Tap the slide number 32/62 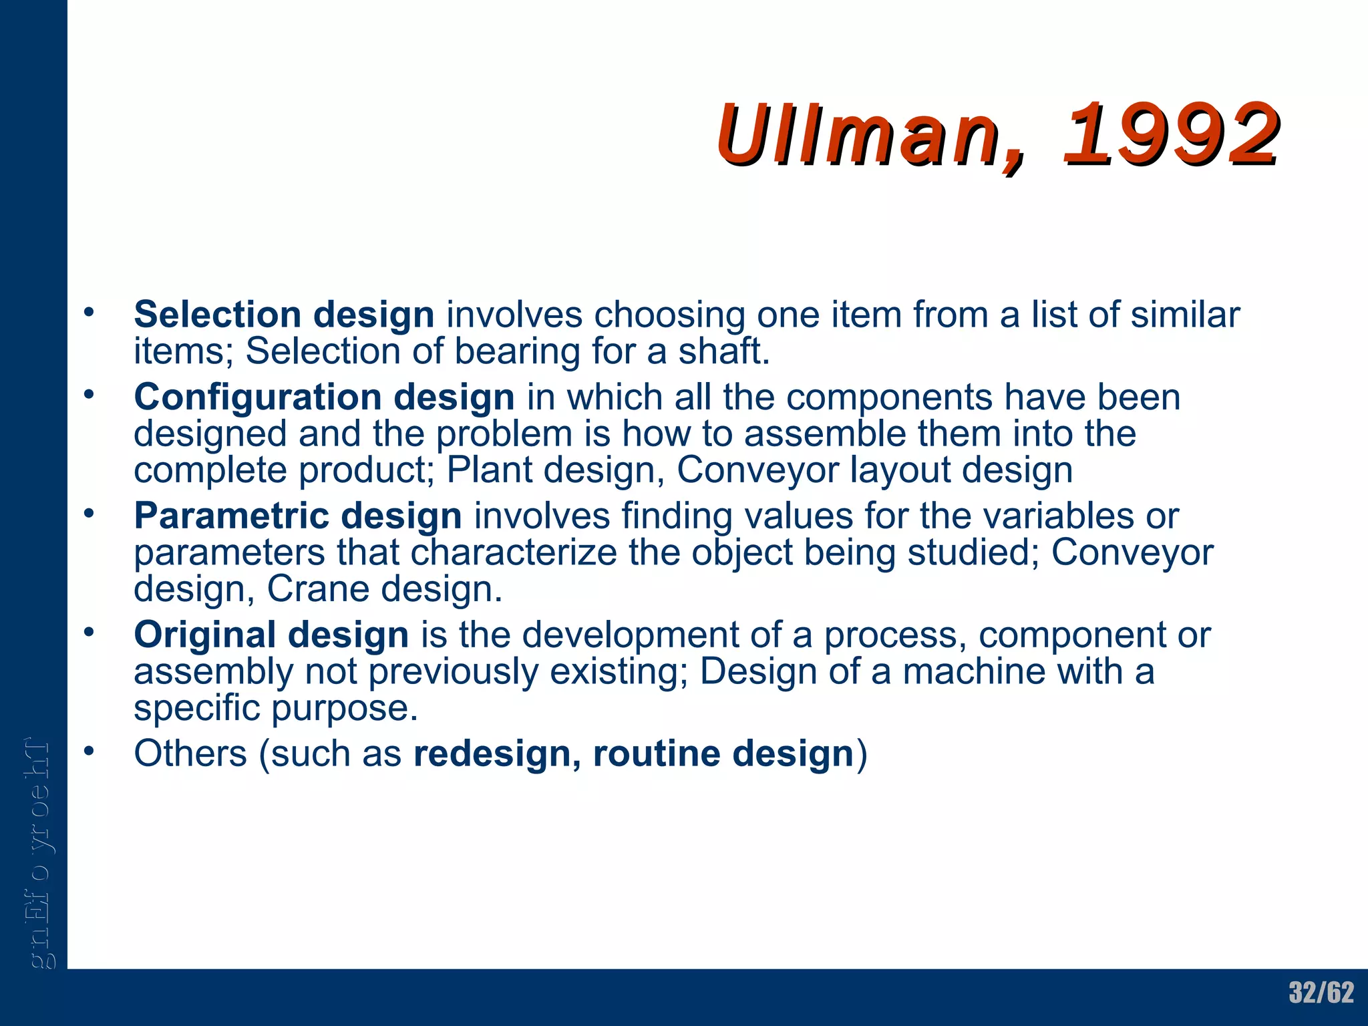pos(1321,993)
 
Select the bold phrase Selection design pos(284,315)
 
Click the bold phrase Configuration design pos(324,397)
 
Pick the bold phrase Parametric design pos(297,516)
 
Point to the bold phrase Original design pos(271,635)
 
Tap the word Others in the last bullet pos(190,753)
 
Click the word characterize pos(514,552)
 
